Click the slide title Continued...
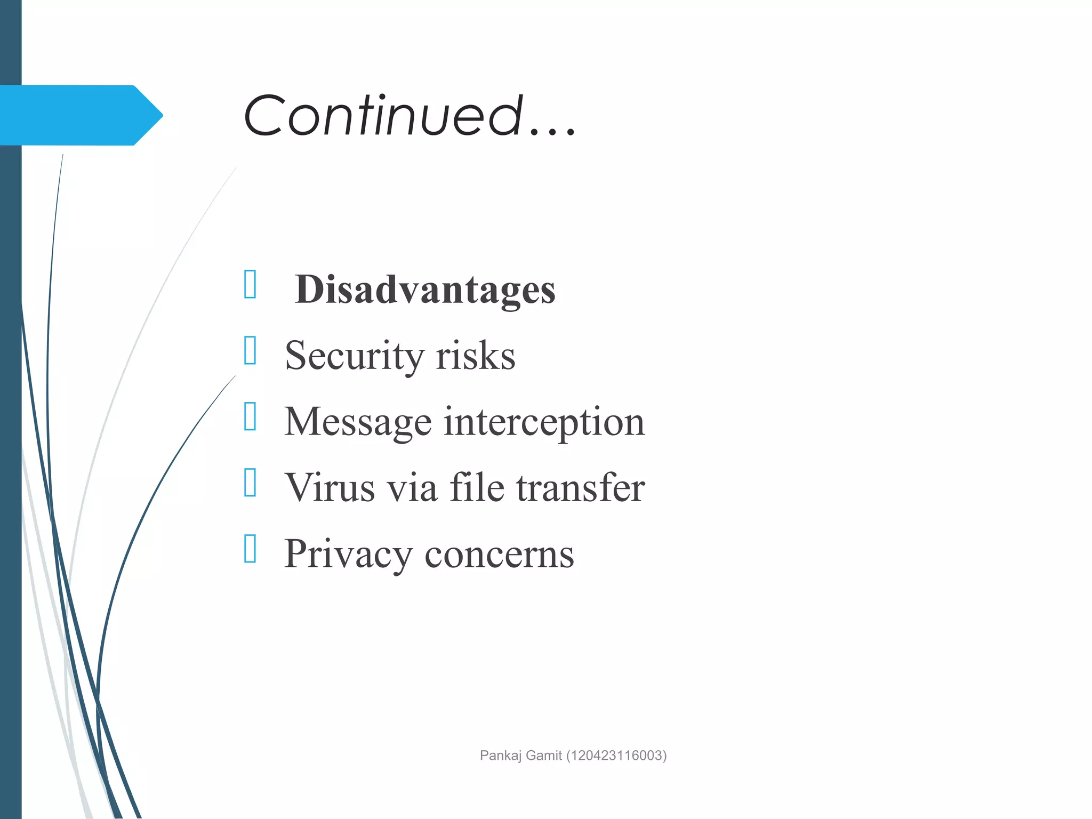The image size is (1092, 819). (x=409, y=115)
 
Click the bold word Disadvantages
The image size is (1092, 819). (x=425, y=290)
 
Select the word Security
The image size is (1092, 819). (x=354, y=356)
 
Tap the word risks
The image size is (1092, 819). (x=475, y=356)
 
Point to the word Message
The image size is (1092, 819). (x=357, y=422)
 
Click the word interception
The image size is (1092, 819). (x=544, y=422)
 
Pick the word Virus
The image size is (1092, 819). (x=330, y=487)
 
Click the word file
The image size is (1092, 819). (x=477, y=487)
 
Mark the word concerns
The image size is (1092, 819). (x=499, y=555)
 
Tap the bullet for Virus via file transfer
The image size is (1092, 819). (x=250, y=483)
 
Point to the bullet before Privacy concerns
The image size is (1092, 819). (x=250, y=549)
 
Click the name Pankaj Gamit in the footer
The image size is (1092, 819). (x=521, y=756)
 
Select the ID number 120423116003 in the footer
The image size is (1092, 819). (x=616, y=756)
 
